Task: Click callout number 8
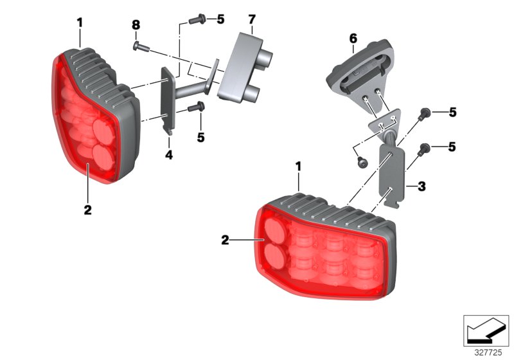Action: (x=136, y=25)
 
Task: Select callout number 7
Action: (x=253, y=24)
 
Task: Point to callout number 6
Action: (x=353, y=39)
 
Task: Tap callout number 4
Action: (x=170, y=155)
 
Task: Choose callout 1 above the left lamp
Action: (x=80, y=23)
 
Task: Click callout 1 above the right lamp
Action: (x=298, y=166)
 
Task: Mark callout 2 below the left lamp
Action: (x=88, y=209)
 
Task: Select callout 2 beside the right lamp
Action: (x=225, y=241)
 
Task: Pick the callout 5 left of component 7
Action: (x=220, y=19)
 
